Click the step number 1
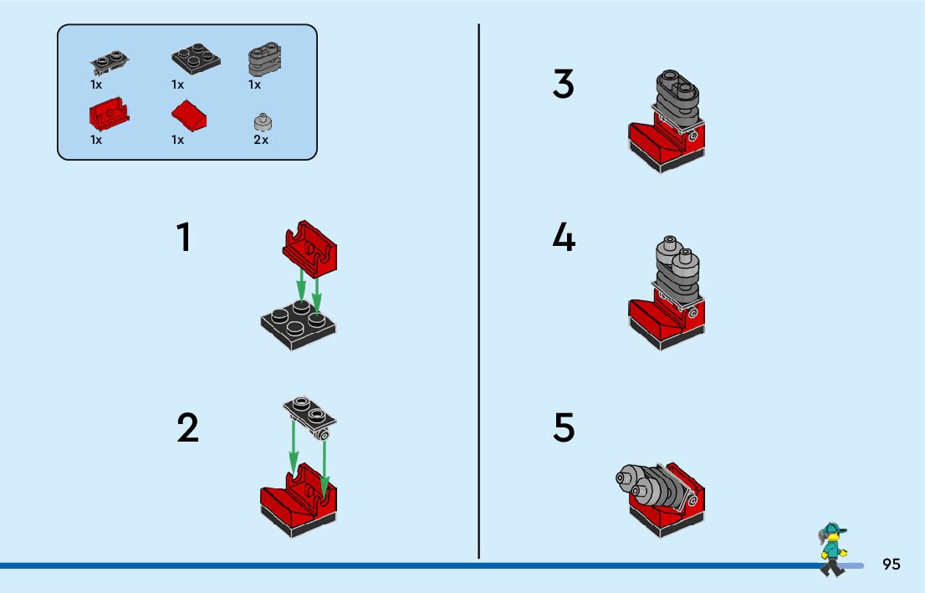click(184, 238)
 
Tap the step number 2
click(187, 428)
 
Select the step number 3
click(564, 84)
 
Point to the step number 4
click(564, 238)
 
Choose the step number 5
click(564, 428)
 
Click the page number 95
click(891, 565)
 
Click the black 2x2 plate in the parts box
click(197, 57)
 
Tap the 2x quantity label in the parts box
click(261, 140)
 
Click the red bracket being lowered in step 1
click(309, 248)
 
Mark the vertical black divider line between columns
click(478, 293)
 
